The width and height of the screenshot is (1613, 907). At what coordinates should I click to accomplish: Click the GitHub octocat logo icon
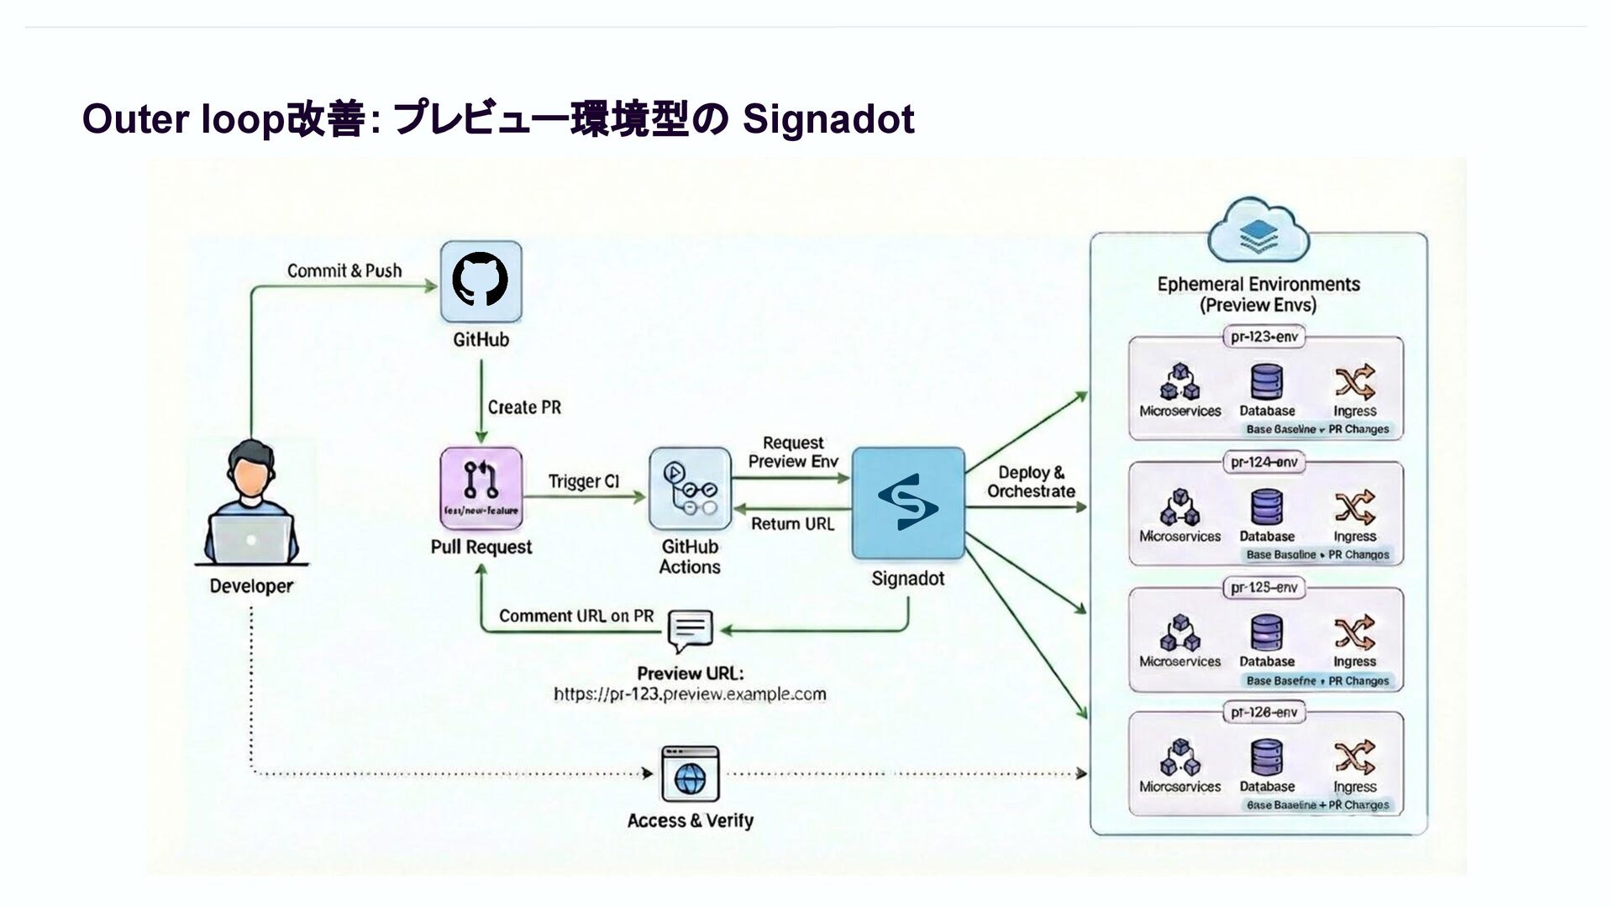tap(481, 280)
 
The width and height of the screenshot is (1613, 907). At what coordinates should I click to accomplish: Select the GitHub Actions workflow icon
tap(690, 488)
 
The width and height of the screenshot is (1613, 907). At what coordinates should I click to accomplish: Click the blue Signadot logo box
tap(908, 503)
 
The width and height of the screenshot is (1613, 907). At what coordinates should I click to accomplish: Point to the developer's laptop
tap(251, 538)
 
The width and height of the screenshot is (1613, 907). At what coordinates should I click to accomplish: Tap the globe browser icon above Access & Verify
tap(690, 774)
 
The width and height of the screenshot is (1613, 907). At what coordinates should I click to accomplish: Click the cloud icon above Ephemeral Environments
tap(1258, 230)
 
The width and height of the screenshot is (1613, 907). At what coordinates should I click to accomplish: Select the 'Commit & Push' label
tap(344, 270)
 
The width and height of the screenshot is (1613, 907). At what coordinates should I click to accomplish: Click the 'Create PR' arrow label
tap(524, 407)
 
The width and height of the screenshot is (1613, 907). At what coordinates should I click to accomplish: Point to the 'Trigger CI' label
tap(584, 481)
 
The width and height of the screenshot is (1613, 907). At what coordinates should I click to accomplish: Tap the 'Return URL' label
tap(792, 524)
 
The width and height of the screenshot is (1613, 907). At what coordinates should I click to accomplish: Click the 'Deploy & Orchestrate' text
tap(1031, 482)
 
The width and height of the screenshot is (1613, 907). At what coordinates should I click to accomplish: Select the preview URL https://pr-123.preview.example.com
tap(690, 695)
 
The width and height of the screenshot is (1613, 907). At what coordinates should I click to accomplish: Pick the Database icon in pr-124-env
tap(1267, 507)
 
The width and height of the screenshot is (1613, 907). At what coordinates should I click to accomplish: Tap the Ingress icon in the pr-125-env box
tap(1354, 632)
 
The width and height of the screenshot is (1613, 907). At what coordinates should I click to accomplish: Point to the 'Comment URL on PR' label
tap(576, 616)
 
